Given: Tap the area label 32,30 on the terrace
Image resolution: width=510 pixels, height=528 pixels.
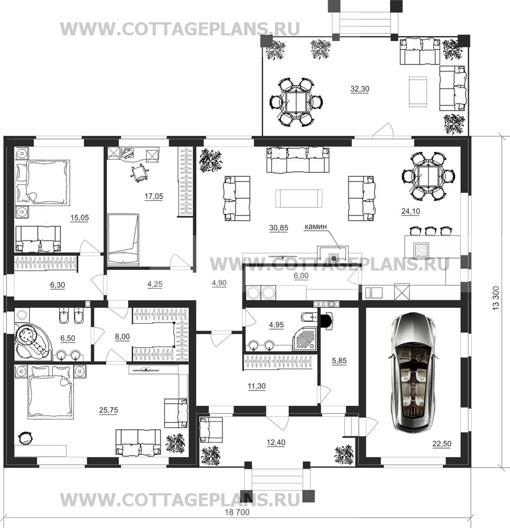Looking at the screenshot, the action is pos(360,89).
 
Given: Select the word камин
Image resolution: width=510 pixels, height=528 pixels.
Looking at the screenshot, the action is pos(316,227).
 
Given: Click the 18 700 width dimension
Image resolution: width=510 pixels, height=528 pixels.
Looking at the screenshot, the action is pos(237,512).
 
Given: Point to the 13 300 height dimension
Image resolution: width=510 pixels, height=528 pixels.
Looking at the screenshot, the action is pos(496,298).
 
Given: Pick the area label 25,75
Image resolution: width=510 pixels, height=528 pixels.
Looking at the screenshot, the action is pos(109,410).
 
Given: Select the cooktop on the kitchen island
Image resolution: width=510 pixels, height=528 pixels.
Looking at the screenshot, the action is pos(421,249).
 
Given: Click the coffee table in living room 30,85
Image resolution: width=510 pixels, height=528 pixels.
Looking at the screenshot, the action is pos(299,198).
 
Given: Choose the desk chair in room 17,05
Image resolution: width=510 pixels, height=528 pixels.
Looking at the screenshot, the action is pos(140,173).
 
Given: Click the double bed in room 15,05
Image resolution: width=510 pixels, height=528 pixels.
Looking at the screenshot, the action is pos(43,182).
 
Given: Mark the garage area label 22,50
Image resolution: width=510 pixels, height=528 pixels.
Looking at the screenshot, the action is pos(442,444).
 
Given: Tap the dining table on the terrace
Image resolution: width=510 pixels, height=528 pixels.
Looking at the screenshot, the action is pos(296,102).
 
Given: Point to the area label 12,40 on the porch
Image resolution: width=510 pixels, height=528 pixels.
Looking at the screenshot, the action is pos(276,442).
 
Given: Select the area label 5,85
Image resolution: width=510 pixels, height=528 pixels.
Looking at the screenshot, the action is pos(339,360).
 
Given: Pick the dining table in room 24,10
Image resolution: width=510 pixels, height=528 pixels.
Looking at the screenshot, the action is pos(428,176).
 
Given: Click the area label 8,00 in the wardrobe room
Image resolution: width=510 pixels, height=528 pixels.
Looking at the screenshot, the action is pos(122,336).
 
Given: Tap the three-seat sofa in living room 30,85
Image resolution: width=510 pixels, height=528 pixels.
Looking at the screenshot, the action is pos(298,160).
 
